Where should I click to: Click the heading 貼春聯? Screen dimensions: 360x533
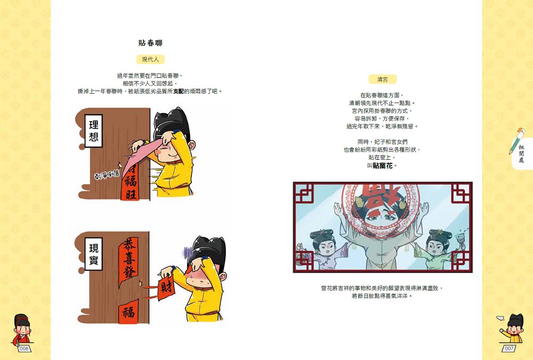[150, 43]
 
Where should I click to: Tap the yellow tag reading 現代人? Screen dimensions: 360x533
[150, 60]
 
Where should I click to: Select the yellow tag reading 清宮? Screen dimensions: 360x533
[382, 79]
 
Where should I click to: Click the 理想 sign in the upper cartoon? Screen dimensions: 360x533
[94, 132]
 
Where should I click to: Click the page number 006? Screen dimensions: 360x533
[24, 348]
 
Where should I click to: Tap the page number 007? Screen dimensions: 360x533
[509, 348]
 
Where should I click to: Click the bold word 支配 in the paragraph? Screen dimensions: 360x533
[179, 91]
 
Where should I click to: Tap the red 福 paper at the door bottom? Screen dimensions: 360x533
[128, 312]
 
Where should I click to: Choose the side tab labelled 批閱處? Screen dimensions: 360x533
[521, 154]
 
